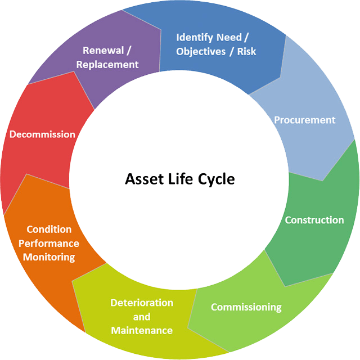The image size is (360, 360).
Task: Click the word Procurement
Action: (304, 120)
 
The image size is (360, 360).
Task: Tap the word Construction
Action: (314, 220)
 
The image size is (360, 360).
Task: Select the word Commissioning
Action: (246, 307)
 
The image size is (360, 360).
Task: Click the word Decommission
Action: (42, 134)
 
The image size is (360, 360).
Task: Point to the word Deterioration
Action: (142, 303)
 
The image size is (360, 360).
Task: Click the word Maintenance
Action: (142, 330)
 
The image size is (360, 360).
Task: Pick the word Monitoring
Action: (49, 257)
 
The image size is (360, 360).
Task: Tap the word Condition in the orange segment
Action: (49, 229)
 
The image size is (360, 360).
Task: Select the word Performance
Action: (49, 244)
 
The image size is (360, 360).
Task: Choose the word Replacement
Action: (107, 65)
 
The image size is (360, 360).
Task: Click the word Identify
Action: (193, 38)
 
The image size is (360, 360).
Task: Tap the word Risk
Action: (246, 52)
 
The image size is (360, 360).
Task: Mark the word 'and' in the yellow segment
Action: (142, 317)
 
